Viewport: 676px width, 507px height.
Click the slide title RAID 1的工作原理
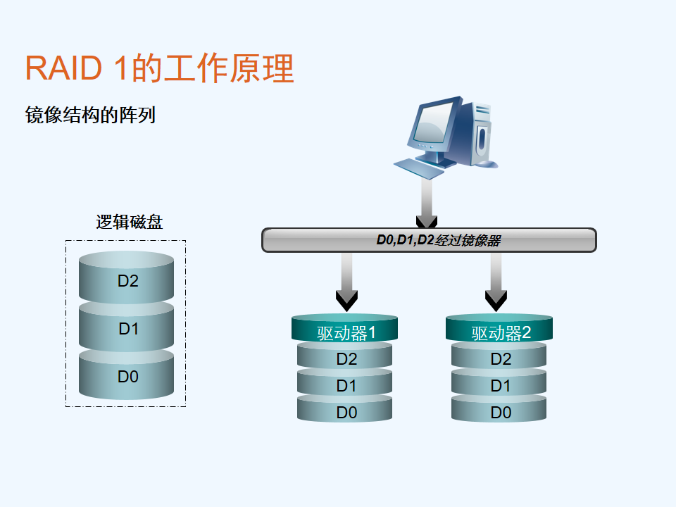[160, 68]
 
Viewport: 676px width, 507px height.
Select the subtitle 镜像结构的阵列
[90, 115]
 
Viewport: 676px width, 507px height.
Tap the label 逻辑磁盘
[130, 222]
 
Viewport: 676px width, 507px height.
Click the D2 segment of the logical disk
[126, 277]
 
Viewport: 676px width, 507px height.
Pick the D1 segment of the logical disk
[126, 327]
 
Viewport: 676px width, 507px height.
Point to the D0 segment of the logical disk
[126, 375]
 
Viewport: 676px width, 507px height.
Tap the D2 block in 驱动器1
[344, 357]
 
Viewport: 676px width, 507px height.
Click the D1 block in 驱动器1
[344, 384]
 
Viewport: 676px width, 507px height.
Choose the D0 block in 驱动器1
[344, 410]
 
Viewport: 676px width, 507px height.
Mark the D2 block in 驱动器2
[499, 357]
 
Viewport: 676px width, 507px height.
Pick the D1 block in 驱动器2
[499, 384]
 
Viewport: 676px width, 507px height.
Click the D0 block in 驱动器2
[499, 410]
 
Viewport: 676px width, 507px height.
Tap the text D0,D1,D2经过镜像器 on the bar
[439, 240]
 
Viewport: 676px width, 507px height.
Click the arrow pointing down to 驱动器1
[346, 282]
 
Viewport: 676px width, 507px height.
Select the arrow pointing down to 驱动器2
[496, 282]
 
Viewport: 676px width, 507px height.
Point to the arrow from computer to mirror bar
[427, 203]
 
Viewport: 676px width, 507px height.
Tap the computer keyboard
[418, 168]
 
